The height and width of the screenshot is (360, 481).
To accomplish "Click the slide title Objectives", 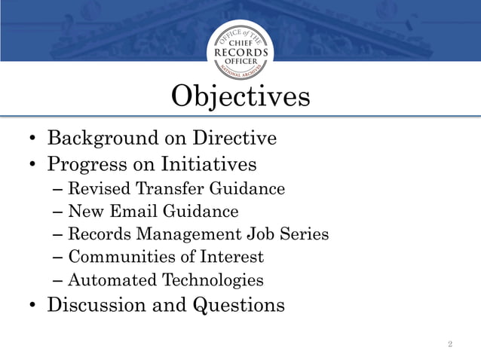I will pyautogui.click(x=240, y=97).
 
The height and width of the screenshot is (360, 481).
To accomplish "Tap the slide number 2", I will pyautogui.click(x=450, y=344).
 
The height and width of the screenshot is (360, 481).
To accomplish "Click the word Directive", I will pyautogui.click(x=234, y=139).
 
